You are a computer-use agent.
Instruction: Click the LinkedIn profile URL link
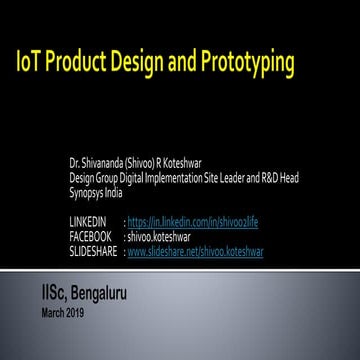tap(193, 221)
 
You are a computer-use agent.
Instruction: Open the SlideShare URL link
tap(195, 252)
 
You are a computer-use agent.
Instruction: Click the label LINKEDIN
tap(85, 221)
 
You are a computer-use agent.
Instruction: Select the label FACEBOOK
tap(88, 237)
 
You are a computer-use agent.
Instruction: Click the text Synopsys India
tap(92, 192)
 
